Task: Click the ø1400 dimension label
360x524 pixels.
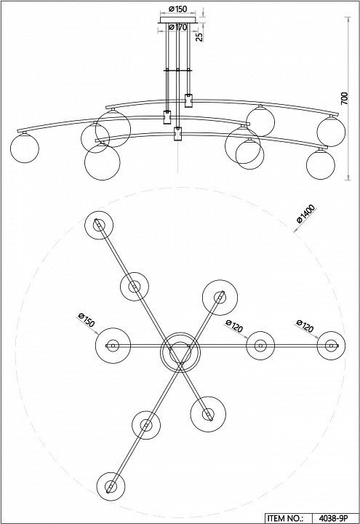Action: tap(305, 213)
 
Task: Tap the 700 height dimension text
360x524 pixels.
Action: tap(344, 98)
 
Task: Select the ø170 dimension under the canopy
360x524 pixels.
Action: tap(177, 28)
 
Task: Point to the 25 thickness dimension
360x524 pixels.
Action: tap(199, 37)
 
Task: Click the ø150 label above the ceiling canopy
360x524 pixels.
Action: tap(177, 9)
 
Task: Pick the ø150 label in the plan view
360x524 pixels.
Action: tap(86, 319)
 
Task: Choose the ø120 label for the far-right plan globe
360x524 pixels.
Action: tap(305, 326)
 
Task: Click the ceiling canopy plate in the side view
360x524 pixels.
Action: tap(177, 20)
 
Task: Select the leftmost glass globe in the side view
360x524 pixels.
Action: tap(25, 148)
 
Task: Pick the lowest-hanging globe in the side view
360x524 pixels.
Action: tap(103, 162)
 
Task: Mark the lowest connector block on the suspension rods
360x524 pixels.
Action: tap(178, 134)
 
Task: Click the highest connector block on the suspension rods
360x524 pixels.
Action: tap(189, 100)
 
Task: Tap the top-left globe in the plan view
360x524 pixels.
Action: tap(99, 225)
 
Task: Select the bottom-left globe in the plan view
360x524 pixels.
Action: tap(111, 486)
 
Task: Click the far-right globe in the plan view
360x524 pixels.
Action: tap(331, 346)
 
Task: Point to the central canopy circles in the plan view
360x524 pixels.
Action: tap(180, 352)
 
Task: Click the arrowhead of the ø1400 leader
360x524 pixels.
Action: tap(295, 230)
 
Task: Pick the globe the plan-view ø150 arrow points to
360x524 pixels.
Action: tap(113, 346)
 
